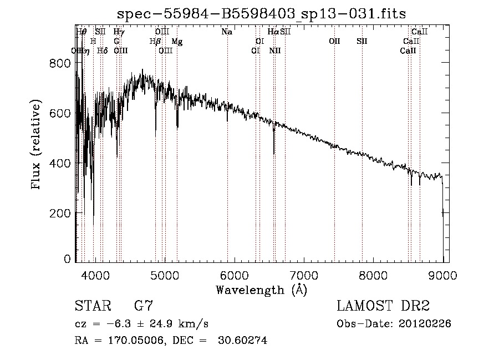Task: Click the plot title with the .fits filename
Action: (262, 14)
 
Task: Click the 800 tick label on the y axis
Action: (62, 63)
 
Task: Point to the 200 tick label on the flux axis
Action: (62, 213)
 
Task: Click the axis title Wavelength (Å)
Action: (261, 290)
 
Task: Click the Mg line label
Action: (177, 42)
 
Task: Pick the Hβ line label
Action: (155, 42)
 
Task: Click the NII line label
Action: (275, 50)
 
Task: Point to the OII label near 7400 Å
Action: (334, 42)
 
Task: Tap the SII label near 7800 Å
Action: (362, 42)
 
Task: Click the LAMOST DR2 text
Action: (383, 306)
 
